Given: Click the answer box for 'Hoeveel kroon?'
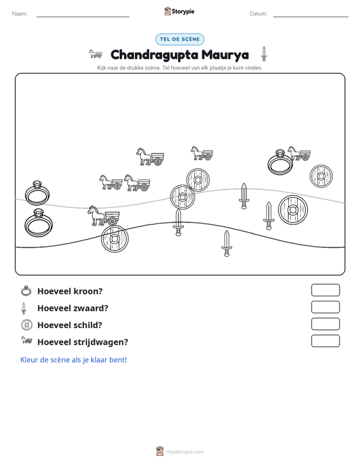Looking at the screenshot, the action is pyautogui.click(x=325, y=290).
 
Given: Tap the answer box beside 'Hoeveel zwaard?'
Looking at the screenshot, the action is pyautogui.click(x=325, y=307).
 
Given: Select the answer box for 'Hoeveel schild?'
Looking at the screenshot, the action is pyautogui.click(x=325, y=324).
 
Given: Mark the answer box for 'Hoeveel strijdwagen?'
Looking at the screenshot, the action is pyautogui.click(x=325, y=341).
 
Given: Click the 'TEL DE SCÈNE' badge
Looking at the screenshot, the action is pyautogui.click(x=179, y=39).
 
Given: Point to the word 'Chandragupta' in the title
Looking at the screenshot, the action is pyautogui.click(x=155, y=55).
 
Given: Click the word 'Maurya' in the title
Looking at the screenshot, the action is pyautogui.click(x=225, y=55).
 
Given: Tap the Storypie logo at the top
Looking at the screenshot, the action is pyautogui.click(x=179, y=11).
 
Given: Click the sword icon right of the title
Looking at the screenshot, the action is pyautogui.click(x=264, y=54).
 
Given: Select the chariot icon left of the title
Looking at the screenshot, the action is pyautogui.click(x=95, y=54).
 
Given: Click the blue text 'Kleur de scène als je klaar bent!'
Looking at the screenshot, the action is pyautogui.click(x=73, y=360).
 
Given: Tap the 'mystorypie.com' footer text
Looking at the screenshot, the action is pyautogui.click(x=184, y=452).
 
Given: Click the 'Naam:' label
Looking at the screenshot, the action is pyautogui.click(x=20, y=14).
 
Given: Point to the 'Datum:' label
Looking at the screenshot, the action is pyautogui.click(x=258, y=14).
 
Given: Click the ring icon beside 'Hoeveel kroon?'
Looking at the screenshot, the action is pyautogui.click(x=26, y=291).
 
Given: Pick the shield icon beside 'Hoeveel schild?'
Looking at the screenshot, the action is pyautogui.click(x=26, y=324).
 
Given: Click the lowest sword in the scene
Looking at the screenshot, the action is pyautogui.click(x=226, y=243).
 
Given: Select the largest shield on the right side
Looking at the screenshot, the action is pyautogui.click(x=293, y=210).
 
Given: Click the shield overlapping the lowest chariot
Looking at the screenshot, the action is pyautogui.click(x=114, y=239).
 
